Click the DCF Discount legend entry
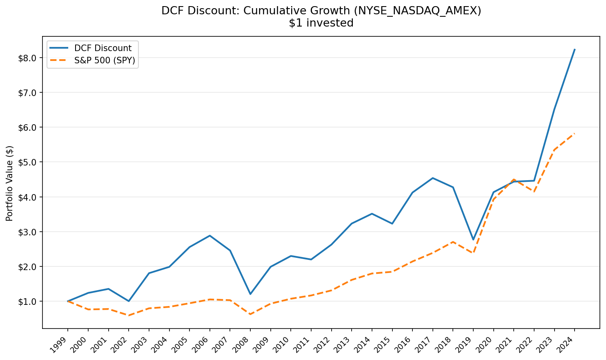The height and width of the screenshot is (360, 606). pyautogui.click(x=102, y=48)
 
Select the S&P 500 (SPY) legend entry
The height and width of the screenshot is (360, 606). pyautogui.click(x=105, y=61)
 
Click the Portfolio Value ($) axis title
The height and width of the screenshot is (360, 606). pyautogui.click(x=10, y=183)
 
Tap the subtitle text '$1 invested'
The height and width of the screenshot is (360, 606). pyautogui.click(x=321, y=23)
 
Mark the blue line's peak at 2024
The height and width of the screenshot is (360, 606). pyautogui.click(x=575, y=49)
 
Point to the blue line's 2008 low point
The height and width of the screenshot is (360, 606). pyautogui.click(x=250, y=294)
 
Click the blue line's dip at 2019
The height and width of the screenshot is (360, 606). pyautogui.click(x=473, y=239)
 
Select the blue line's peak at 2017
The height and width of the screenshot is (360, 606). pyautogui.click(x=433, y=178)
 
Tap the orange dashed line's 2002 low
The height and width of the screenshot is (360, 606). pyautogui.click(x=129, y=315)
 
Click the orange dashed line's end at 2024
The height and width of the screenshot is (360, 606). pyautogui.click(x=575, y=134)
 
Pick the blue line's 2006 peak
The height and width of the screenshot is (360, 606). pyautogui.click(x=210, y=235)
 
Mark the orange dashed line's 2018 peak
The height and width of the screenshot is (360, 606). pyautogui.click(x=453, y=242)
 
